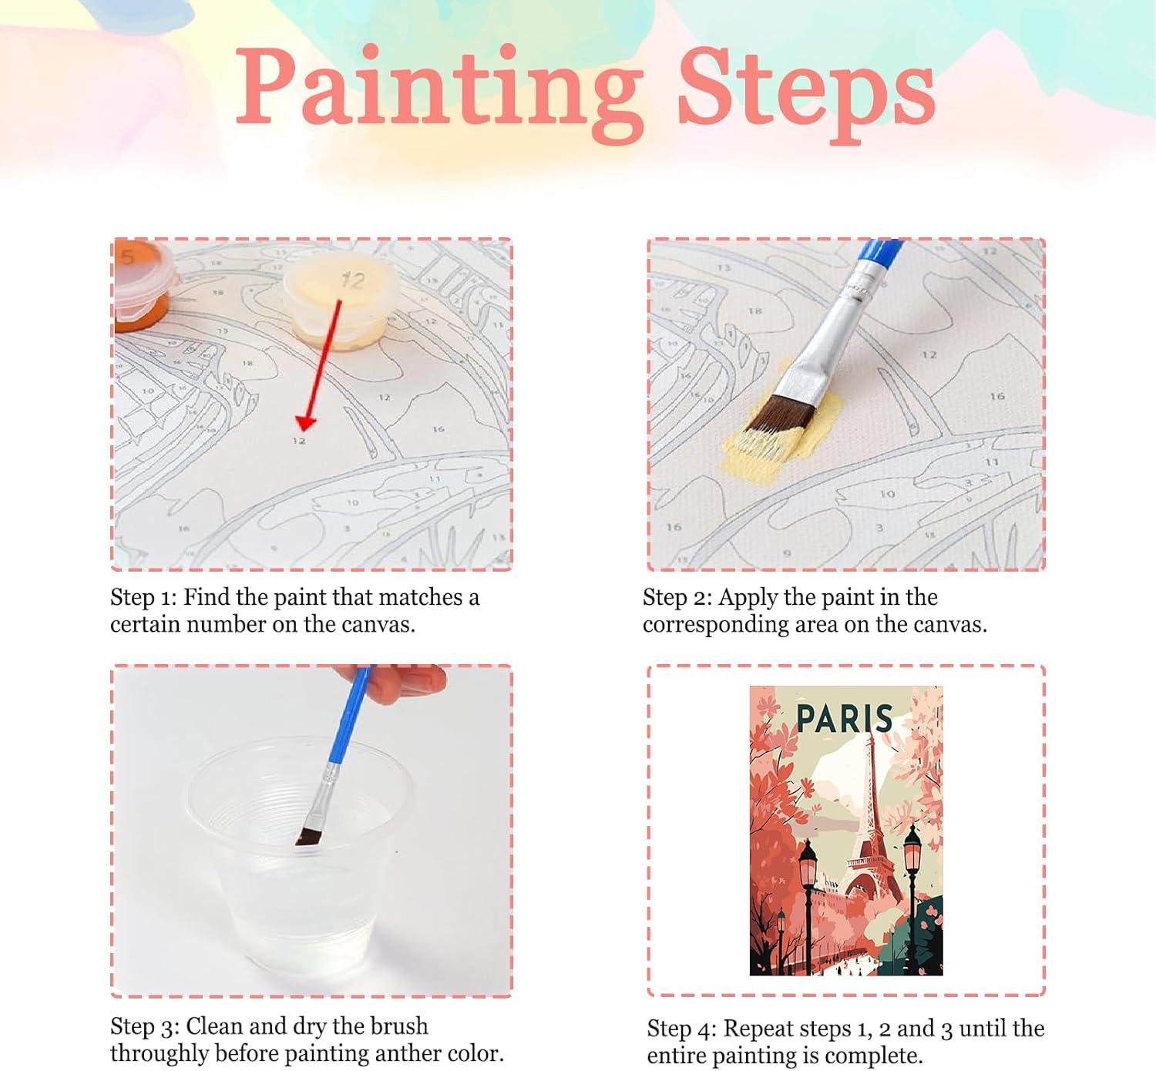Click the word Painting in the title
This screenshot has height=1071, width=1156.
[x=439, y=94]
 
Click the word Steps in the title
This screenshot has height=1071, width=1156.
[x=806, y=94]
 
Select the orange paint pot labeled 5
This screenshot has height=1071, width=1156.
[x=143, y=284]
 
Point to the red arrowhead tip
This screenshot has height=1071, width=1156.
[x=304, y=431]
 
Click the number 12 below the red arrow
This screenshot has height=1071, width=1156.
[x=298, y=441]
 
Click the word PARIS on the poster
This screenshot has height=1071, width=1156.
[x=844, y=719]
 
